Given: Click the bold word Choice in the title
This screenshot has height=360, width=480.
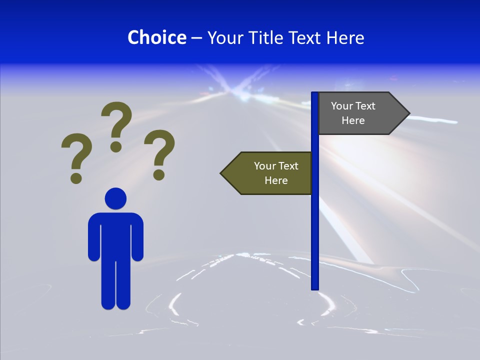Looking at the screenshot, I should pyautogui.click(x=156, y=37).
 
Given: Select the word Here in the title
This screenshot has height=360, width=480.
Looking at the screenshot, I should pyautogui.click(x=345, y=37).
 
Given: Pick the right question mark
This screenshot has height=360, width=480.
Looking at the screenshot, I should pyautogui.click(x=159, y=152).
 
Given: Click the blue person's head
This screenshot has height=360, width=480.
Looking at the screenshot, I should pyautogui.click(x=115, y=198).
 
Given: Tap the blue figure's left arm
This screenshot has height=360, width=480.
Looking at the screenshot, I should pyautogui.click(x=94, y=237).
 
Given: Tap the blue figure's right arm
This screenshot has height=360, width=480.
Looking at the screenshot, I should pyautogui.click(x=137, y=237).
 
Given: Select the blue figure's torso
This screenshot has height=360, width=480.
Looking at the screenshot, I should pyautogui.click(x=115, y=235).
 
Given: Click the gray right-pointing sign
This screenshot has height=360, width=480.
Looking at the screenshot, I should pyautogui.click(x=360, y=113).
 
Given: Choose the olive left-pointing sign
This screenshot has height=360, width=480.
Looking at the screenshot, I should pyautogui.click(x=270, y=173).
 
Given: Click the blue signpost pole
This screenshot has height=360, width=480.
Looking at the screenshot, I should pyautogui.click(x=314, y=225).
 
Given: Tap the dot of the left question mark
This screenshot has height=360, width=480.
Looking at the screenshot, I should pyautogui.click(x=76, y=177).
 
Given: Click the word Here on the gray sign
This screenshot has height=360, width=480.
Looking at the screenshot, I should pyautogui.click(x=353, y=120).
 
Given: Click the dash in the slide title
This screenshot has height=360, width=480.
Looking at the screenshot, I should pyautogui.click(x=196, y=38).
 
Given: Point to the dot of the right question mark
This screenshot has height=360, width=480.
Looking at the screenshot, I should pyautogui.click(x=159, y=174).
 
